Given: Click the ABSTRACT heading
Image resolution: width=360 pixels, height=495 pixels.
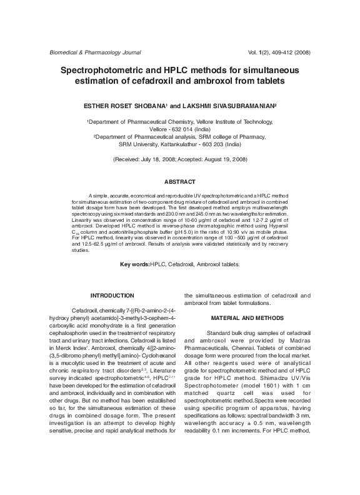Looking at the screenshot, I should pos(179,181).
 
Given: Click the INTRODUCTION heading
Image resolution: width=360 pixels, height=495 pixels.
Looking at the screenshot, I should pos(112,294).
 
